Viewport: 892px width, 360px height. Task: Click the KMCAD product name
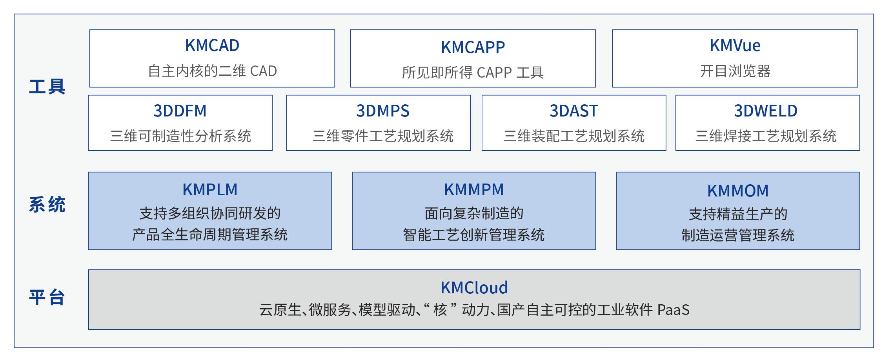(212, 45)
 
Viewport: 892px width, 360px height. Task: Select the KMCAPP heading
(473, 47)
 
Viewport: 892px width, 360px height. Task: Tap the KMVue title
(735, 45)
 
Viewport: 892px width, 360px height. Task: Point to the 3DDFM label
(180, 111)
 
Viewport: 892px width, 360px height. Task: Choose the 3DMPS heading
(382, 111)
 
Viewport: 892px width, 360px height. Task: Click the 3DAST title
(573, 111)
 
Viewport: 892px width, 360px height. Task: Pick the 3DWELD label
(766, 111)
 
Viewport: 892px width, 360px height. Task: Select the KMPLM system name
(210, 190)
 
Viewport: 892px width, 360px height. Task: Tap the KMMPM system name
(474, 190)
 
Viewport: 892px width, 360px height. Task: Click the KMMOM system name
(738, 191)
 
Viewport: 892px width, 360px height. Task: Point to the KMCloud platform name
(474, 288)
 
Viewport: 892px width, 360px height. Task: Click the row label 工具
(47, 87)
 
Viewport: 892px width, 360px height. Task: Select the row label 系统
(47, 205)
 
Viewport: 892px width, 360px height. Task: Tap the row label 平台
(47, 297)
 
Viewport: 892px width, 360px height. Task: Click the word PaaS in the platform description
(673, 310)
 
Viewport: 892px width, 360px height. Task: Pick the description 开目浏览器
(735, 71)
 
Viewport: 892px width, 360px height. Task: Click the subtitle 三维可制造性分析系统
(180, 136)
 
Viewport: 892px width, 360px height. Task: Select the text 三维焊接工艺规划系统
(766, 136)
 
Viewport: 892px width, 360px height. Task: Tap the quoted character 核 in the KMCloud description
(440, 310)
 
